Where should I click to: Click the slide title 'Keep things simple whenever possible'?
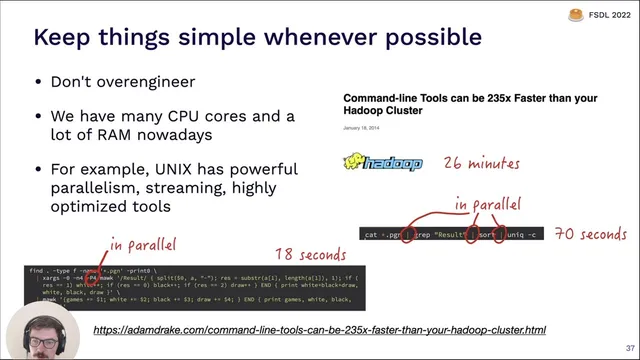tap(258, 39)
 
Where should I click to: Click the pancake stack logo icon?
tap(575, 14)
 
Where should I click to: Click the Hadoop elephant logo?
tap(383, 163)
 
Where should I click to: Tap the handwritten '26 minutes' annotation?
tap(481, 161)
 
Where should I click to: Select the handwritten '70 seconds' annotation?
tap(590, 235)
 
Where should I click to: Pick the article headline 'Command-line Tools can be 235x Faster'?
tap(470, 104)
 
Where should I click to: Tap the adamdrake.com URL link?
tap(320, 329)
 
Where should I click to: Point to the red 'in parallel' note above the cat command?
tap(488, 204)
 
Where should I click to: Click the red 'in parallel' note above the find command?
tap(143, 244)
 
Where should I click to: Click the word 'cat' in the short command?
tap(371, 235)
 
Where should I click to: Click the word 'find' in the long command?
tap(38, 269)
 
